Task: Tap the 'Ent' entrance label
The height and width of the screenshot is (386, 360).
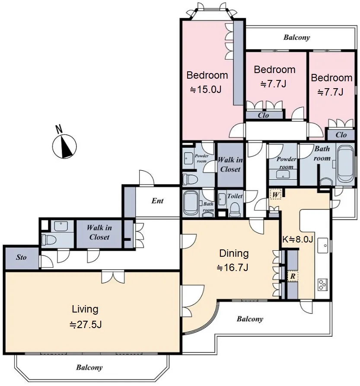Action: [x=157, y=201]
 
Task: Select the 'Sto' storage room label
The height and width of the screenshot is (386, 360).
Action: [x=21, y=257]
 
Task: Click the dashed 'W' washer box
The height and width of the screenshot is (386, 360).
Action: [x=275, y=195]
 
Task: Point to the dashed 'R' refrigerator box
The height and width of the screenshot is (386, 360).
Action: [x=293, y=276]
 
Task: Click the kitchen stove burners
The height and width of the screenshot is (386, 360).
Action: [x=322, y=284]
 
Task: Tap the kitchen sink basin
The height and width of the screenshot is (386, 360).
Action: [x=322, y=245]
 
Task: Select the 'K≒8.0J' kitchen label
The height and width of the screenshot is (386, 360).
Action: [x=297, y=239]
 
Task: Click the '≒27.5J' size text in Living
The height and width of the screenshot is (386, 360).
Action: [x=86, y=325]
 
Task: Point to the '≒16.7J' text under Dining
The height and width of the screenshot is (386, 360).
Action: [x=233, y=268]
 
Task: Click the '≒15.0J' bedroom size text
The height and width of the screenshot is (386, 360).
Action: [x=206, y=89]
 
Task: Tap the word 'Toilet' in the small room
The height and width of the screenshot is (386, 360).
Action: [x=235, y=196]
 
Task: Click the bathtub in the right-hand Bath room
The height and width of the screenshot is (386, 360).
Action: [x=345, y=163]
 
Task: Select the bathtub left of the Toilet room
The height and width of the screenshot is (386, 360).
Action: [x=191, y=203]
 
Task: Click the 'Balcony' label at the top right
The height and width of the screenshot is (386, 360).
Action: [x=296, y=38]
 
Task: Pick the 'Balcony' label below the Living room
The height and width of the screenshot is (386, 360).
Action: [x=89, y=367]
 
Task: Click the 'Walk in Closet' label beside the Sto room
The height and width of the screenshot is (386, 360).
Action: [x=99, y=233]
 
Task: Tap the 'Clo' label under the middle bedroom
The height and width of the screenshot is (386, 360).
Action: [x=263, y=115]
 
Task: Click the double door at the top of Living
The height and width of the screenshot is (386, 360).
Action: [x=113, y=277]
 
